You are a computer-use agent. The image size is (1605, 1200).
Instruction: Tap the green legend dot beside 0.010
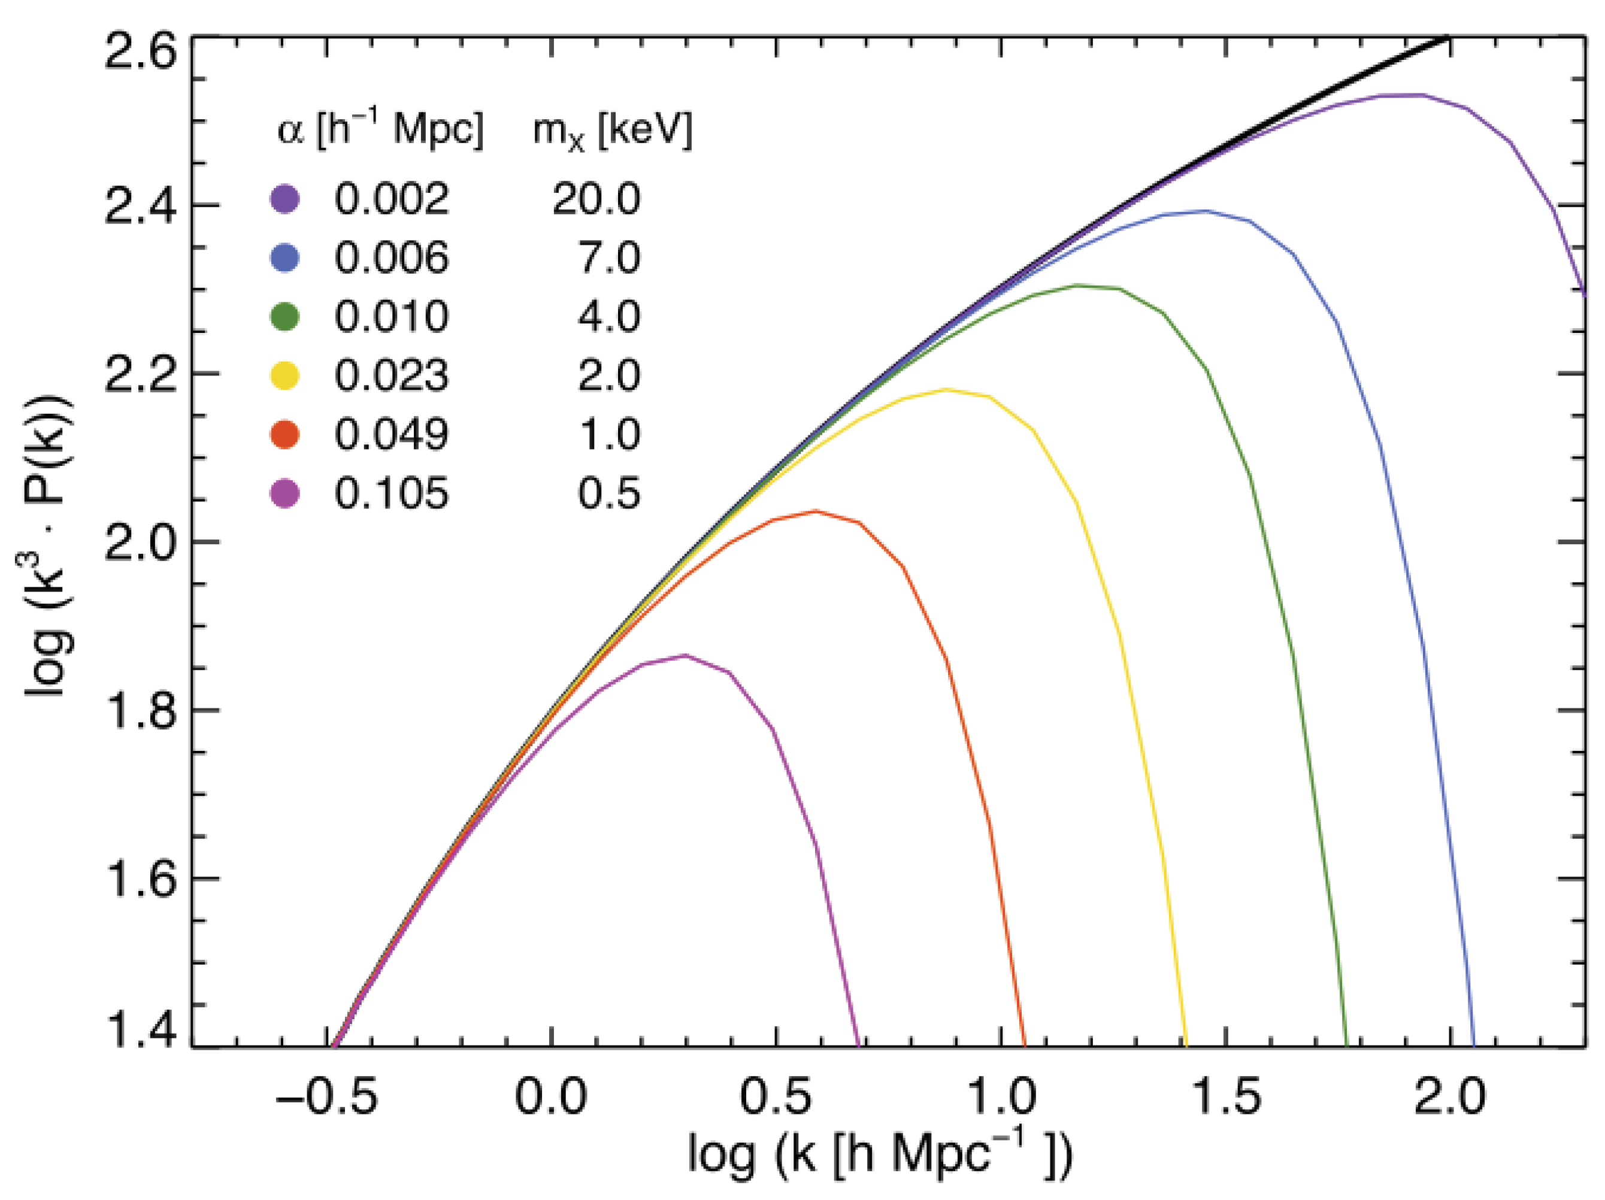pos(285,317)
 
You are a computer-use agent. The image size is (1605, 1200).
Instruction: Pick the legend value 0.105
pos(391,494)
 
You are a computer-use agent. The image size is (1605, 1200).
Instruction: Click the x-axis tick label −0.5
pos(326,1096)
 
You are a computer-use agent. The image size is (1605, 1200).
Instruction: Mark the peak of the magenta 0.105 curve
pos(685,656)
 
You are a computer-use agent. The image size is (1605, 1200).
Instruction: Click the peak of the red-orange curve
pos(816,511)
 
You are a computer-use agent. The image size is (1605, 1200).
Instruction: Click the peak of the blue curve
pos(1206,211)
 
